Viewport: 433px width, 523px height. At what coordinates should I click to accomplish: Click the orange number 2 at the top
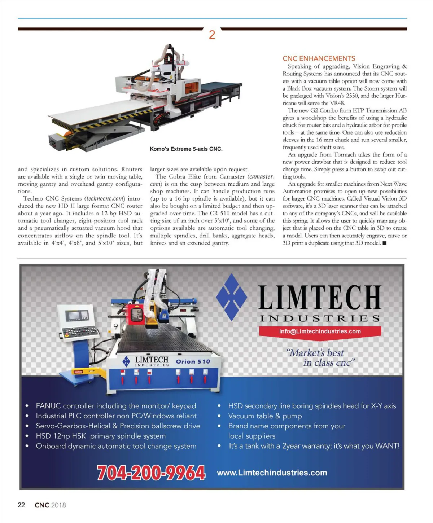(x=212, y=35)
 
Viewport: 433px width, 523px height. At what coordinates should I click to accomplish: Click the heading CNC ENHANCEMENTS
(x=319, y=58)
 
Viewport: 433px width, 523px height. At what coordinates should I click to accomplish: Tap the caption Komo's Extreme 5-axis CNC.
(x=186, y=149)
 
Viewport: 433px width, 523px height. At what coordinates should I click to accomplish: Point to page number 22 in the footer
(x=21, y=505)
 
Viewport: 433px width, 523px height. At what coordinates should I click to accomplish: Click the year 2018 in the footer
(x=58, y=505)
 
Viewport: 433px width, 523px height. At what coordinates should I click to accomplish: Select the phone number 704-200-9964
(x=151, y=473)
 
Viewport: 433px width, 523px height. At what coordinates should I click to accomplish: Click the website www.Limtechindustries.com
(x=272, y=473)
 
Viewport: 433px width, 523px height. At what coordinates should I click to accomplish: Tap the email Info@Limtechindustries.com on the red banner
(x=320, y=331)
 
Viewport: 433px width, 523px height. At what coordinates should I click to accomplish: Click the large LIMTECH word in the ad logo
(x=320, y=298)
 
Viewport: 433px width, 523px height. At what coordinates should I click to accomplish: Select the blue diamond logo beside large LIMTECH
(x=231, y=297)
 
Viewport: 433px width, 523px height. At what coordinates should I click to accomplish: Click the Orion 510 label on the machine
(x=193, y=361)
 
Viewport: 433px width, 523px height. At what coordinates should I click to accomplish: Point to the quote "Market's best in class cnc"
(x=320, y=358)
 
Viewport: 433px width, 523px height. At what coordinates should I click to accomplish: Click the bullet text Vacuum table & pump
(x=265, y=416)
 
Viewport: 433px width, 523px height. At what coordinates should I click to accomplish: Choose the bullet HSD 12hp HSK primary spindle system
(x=100, y=436)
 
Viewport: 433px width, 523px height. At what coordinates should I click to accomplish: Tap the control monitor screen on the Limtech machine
(x=77, y=316)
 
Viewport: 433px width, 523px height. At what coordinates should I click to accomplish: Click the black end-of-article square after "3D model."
(x=385, y=243)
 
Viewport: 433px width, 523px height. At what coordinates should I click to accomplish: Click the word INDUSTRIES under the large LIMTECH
(x=320, y=318)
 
